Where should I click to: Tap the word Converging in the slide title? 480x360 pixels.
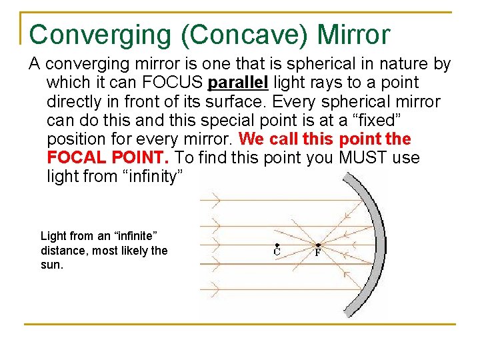(100, 34)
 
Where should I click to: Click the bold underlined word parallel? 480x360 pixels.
(238, 83)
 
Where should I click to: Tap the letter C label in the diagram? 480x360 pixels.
(276, 252)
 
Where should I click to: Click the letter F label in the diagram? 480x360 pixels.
(318, 252)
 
